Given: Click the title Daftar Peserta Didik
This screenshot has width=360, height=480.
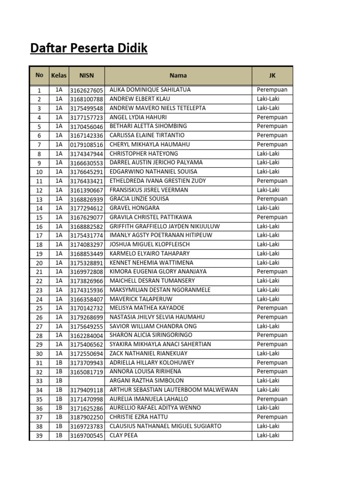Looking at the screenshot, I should [89, 48].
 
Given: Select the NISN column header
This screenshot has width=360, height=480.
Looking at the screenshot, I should [86, 75].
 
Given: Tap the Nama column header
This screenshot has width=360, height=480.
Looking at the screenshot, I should [178, 75].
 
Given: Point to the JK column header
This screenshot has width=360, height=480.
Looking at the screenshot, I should [272, 75].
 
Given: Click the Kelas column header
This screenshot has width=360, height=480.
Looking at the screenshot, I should [59, 75].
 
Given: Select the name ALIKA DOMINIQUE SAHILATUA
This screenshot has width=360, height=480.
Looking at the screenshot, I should [150, 90].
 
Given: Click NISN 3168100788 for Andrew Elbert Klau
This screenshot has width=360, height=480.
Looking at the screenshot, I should [86, 99].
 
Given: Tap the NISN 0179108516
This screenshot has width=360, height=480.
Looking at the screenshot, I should [86, 145].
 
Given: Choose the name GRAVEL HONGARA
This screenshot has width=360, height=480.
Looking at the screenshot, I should [135, 208].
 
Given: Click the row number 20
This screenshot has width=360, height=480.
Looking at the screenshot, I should [39, 263].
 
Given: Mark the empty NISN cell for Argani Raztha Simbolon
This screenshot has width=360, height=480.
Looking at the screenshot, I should [86, 381].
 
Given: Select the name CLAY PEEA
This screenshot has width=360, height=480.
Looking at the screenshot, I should [124, 435].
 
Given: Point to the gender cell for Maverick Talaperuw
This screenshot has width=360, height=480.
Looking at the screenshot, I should [268, 299].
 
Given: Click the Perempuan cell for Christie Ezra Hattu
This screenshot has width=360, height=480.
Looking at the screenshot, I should [272, 417].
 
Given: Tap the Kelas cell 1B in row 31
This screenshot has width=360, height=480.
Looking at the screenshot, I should [59, 363].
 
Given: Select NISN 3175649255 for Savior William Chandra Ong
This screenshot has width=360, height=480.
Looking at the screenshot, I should [86, 327].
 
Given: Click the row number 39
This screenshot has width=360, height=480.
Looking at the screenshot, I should [39, 436].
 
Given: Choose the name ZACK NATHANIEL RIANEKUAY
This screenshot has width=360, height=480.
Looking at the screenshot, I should [149, 353].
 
